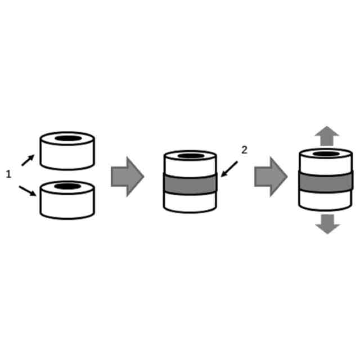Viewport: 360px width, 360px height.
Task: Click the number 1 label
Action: (x=8, y=175)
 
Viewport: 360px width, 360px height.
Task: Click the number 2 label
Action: (x=244, y=150)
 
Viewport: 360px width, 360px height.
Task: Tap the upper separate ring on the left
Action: (x=67, y=154)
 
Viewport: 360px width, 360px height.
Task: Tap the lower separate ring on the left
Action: (x=67, y=203)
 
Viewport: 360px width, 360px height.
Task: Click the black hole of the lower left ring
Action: (x=67, y=186)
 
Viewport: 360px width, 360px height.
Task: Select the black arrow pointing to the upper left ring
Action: (x=28, y=160)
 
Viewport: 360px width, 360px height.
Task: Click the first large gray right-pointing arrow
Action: (x=127, y=177)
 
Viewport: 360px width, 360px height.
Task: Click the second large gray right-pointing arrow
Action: (x=271, y=177)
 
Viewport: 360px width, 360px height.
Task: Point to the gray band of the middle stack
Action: (x=190, y=183)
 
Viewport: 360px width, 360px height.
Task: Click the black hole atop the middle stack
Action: (x=191, y=156)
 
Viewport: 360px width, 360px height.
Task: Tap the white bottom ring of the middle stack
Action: (x=190, y=202)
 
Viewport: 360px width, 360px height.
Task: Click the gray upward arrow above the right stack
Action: (x=327, y=136)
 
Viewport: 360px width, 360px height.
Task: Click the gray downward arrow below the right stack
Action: (x=327, y=223)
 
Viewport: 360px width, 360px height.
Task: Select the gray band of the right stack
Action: (x=326, y=181)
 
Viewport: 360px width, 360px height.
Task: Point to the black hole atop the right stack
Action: (x=326, y=153)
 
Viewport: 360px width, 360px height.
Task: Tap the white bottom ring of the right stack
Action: (x=326, y=199)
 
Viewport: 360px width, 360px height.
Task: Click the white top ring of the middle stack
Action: (x=190, y=165)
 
